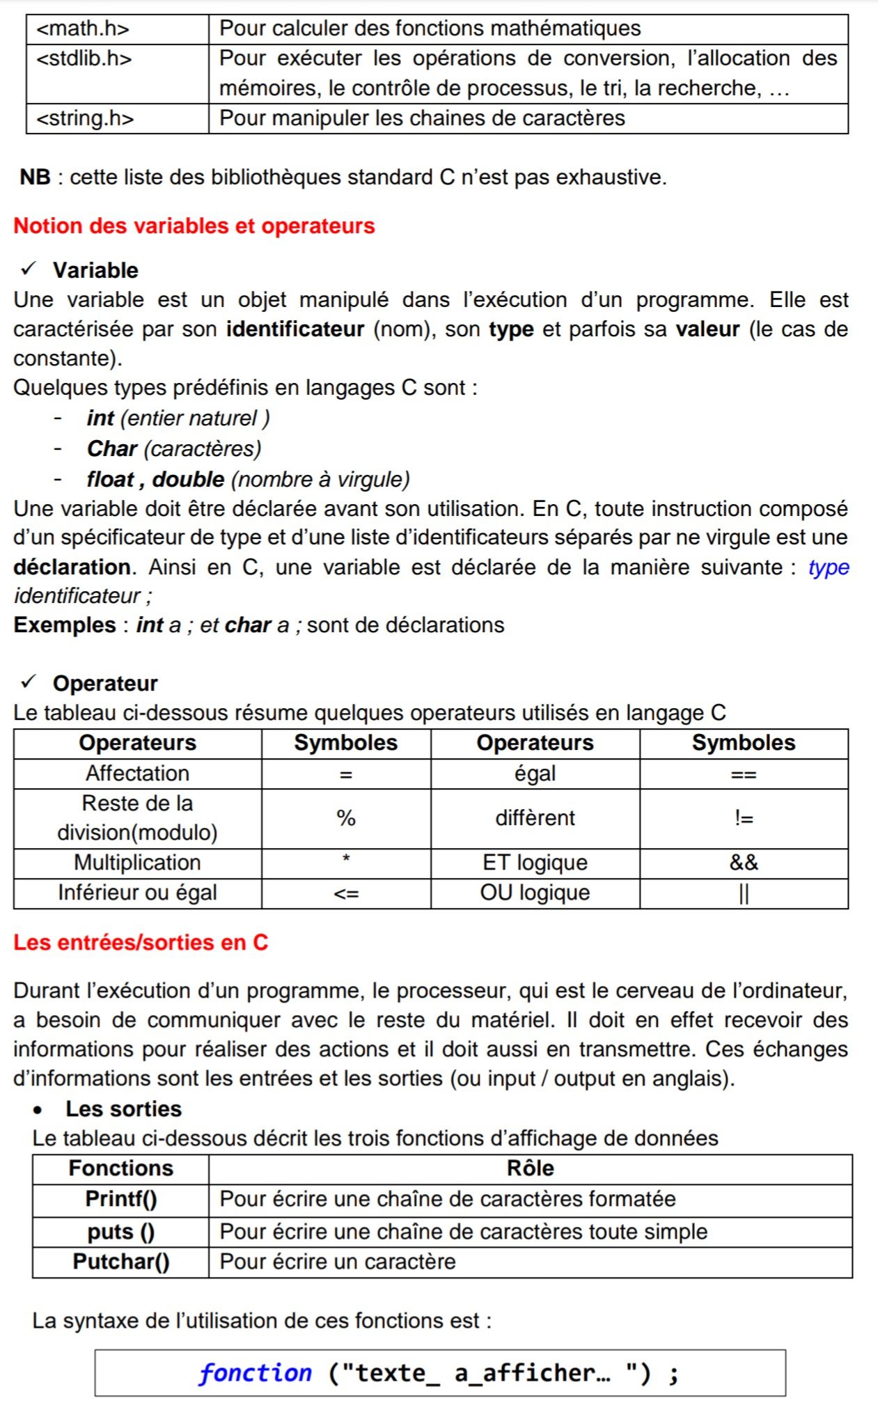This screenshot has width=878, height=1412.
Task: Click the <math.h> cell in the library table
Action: [x=83, y=29]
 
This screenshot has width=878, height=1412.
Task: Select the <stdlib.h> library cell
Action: [x=84, y=58]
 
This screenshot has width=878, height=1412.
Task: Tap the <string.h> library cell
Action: [x=85, y=118]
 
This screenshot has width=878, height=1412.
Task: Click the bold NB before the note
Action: [x=35, y=178]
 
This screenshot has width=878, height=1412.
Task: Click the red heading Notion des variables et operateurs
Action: [x=194, y=226]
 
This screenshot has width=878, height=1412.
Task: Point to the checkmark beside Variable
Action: [x=29, y=269]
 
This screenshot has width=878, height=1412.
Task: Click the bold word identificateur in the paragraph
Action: [x=295, y=329]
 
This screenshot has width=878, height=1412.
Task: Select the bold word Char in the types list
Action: [x=112, y=449]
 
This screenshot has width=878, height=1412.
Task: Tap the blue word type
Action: [x=829, y=567]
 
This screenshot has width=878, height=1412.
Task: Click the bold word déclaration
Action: [x=72, y=567]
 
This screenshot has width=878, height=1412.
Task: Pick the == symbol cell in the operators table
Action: [x=744, y=774]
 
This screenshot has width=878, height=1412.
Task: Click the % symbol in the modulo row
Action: [x=346, y=818]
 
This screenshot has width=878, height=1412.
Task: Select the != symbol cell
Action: [x=744, y=818]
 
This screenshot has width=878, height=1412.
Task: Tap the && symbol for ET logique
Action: [x=744, y=863]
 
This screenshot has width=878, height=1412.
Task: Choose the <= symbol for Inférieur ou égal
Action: [x=346, y=893]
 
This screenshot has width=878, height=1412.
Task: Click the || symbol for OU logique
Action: [x=744, y=893]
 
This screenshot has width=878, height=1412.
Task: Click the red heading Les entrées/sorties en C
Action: [x=141, y=943]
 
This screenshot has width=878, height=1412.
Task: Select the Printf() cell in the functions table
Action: [x=121, y=1199]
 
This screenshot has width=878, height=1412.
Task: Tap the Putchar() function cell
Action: [x=121, y=1262]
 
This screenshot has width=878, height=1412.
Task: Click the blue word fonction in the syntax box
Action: [x=256, y=1372]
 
